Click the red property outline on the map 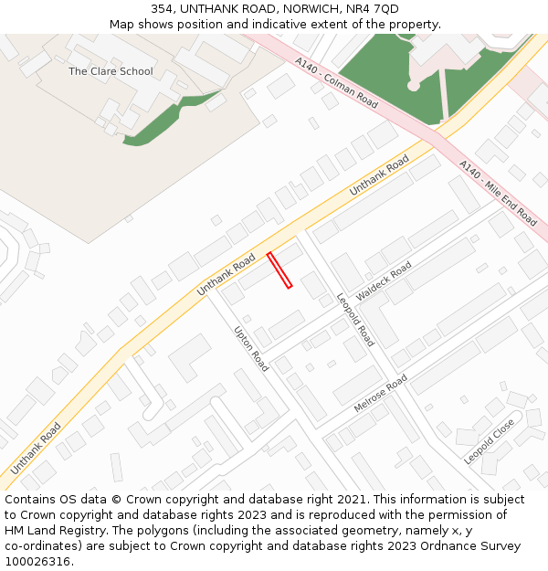(x=279, y=270)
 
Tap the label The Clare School (x=111, y=71)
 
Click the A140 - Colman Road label (x=336, y=83)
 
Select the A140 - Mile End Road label (x=498, y=194)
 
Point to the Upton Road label (x=251, y=349)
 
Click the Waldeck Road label (x=385, y=281)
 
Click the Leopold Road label (x=355, y=320)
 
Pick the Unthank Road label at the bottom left (x=37, y=448)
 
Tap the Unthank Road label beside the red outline (x=226, y=276)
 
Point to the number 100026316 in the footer (x=37, y=562)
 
